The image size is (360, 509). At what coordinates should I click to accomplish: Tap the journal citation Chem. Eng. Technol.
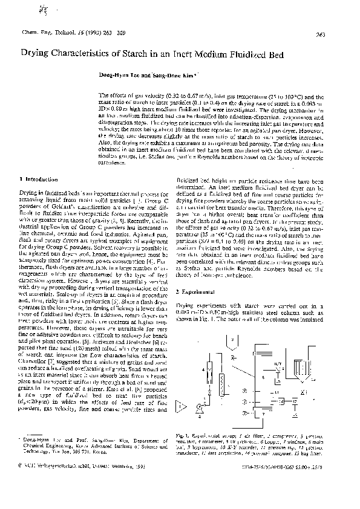[x=45, y=31]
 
